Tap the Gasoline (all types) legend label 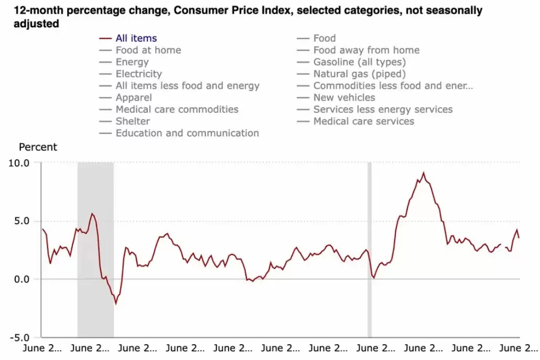click(x=360, y=62)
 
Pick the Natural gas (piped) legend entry click(x=360, y=74)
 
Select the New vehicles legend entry click(x=344, y=97)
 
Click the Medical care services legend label click(x=364, y=121)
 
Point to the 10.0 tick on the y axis click(x=19, y=163)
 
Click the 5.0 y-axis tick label click(x=21, y=221)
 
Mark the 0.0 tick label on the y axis click(x=21, y=279)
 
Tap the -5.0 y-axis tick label click(x=19, y=337)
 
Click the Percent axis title click(x=38, y=147)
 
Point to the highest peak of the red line click(x=424, y=173)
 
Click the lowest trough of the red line click(x=116, y=304)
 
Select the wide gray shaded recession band click(x=95, y=250)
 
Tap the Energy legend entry click(x=132, y=62)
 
